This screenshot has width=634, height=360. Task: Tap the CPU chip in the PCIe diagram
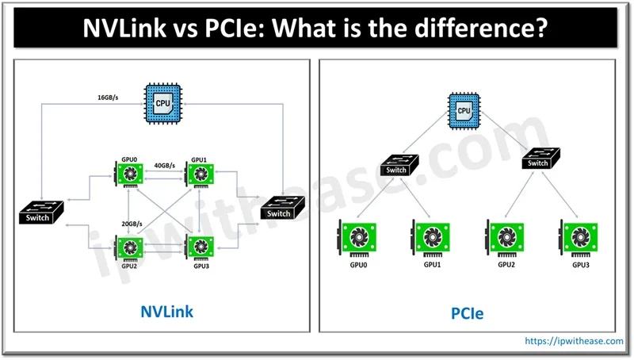tap(464, 109)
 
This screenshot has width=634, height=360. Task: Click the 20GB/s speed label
tap(132, 223)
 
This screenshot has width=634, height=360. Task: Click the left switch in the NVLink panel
tap(37, 214)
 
